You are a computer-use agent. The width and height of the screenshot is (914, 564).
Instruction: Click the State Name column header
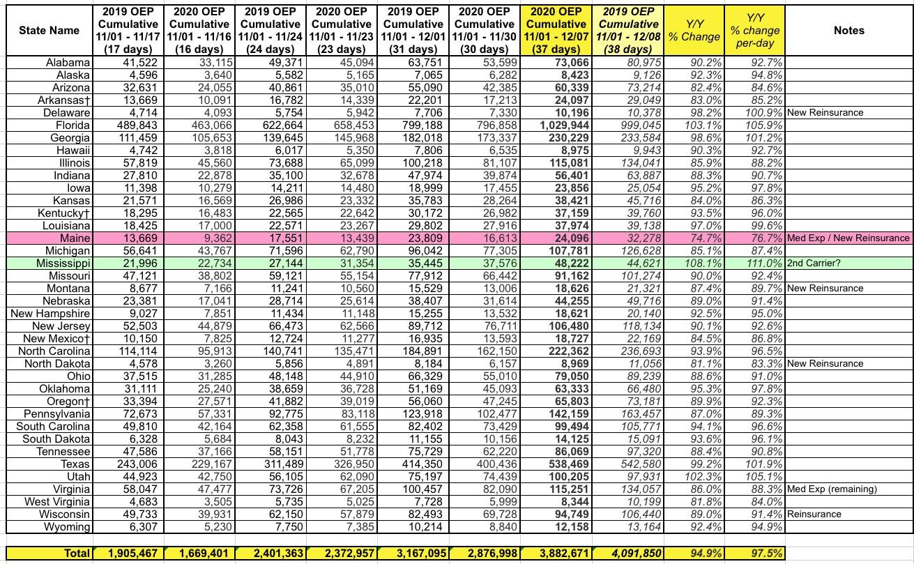pos(46,31)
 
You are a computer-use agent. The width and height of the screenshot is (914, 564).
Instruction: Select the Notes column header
pos(848,31)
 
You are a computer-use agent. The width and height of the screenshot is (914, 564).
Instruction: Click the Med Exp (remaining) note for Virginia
pos(832,489)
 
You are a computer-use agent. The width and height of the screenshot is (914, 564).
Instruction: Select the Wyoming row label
pos(68,526)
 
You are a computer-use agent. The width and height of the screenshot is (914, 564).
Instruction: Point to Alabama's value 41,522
pos(135,62)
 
